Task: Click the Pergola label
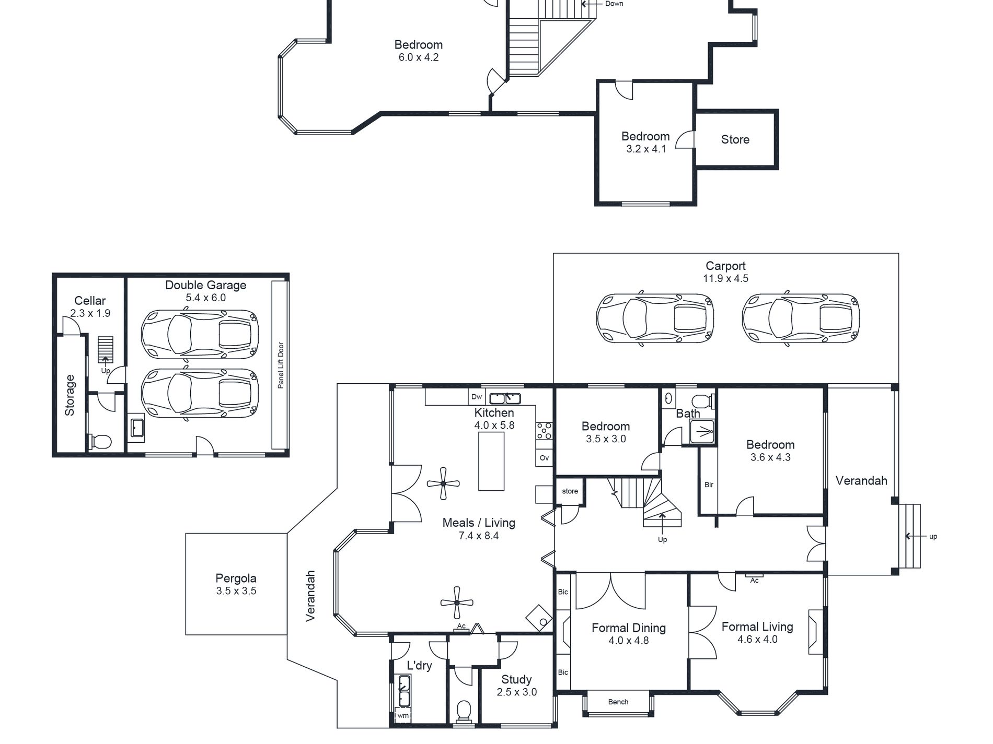tap(236, 578)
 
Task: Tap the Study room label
tap(516, 679)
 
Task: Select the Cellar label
tap(90, 301)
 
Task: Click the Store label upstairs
tap(735, 139)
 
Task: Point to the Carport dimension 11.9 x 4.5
tap(725, 278)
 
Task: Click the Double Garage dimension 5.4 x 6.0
tap(205, 298)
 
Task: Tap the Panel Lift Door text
tap(281, 365)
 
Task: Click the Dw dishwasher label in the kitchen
tap(477, 397)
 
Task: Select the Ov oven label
tap(544, 458)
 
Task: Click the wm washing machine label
tap(403, 716)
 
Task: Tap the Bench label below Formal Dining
tap(618, 702)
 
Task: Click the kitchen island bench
tap(491, 461)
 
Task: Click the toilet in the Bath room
tap(702, 401)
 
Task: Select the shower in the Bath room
tap(702, 431)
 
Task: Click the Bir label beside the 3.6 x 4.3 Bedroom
tap(709, 485)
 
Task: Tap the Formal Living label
tap(757, 627)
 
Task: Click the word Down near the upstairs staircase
tap(614, 4)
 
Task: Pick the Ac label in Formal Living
tap(754, 580)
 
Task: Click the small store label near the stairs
tap(570, 491)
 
